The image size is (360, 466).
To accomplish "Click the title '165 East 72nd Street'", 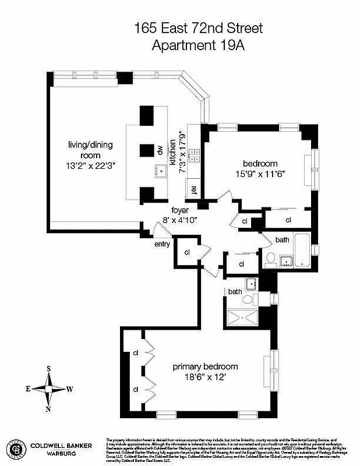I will point(199,27).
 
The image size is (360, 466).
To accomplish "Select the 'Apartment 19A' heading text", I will point(199,45).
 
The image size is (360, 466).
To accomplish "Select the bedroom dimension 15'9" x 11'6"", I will point(261,174).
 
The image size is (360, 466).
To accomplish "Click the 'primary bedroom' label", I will point(205,366).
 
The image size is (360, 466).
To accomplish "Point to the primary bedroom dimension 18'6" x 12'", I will point(206,377).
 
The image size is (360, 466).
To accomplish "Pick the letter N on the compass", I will point(48,408).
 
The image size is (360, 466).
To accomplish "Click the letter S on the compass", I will point(49,368).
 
